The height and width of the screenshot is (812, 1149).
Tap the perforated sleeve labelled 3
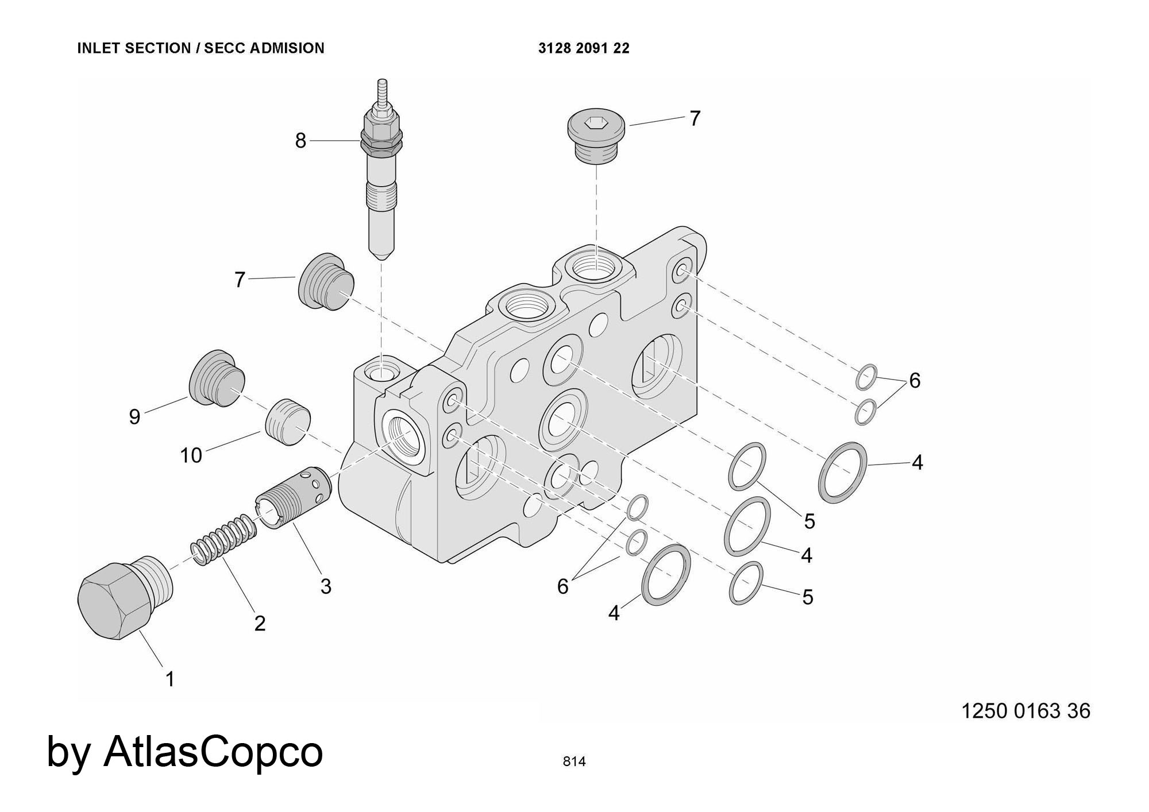click(x=294, y=497)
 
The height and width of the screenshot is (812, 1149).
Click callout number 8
click(x=300, y=141)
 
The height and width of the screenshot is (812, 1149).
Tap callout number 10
click(x=191, y=455)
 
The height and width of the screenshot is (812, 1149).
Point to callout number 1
click(x=170, y=679)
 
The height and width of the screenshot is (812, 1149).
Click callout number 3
click(x=326, y=586)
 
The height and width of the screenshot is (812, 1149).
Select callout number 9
click(x=134, y=417)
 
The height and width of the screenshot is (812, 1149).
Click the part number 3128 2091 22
click(x=584, y=48)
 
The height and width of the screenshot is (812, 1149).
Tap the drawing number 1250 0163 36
click(x=1025, y=711)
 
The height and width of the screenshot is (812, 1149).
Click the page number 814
click(x=574, y=761)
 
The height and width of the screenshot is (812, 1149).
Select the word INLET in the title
click(x=99, y=48)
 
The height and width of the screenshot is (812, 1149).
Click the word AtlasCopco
click(x=213, y=751)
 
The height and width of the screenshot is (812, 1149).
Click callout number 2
click(x=260, y=623)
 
